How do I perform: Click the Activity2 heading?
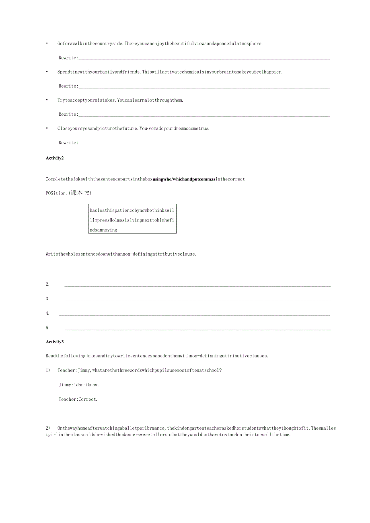click(55, 158)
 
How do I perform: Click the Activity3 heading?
click(55, 342)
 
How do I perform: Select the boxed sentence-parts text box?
click(132, 220)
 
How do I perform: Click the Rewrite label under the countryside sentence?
click(68, 58)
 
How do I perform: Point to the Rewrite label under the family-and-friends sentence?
click(68, 86)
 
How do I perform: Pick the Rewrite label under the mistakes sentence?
click(68, 115)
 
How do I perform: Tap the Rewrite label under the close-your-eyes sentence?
click(68, 143)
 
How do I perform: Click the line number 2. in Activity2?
click(47, 284)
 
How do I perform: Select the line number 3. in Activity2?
click(47, 299)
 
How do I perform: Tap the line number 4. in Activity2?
click(47, 313)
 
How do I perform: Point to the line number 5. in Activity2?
click(47, 328)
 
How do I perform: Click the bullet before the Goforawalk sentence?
click(47, 43)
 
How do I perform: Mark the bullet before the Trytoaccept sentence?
click(47, 100)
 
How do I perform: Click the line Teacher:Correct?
click(78, 399)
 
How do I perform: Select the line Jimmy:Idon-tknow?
click(79, 385)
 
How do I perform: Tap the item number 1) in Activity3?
click(48, 370)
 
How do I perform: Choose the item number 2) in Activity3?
click(48, 428)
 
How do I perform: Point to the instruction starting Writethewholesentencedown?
click(121, 254)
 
